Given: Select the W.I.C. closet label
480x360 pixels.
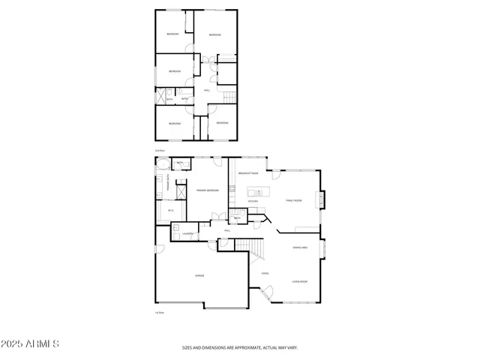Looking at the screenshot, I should point(171,211).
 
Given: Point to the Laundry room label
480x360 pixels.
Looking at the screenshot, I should point(188,234).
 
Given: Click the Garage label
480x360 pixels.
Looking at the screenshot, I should point(200,276).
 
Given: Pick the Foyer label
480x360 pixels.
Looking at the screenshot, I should point(265,274).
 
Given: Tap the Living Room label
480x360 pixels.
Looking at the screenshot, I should point(300,282).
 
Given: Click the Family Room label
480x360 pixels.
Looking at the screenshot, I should point(293,200).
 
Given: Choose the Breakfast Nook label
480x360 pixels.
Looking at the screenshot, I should point(248,173).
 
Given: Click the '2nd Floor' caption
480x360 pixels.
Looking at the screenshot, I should point(159,151).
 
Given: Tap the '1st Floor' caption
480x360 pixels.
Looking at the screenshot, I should point(159,312).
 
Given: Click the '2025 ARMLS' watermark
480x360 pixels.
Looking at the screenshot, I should point(30,343).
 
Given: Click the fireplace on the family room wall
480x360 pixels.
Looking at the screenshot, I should point(322,200).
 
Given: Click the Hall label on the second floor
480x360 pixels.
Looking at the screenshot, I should point(207,91).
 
